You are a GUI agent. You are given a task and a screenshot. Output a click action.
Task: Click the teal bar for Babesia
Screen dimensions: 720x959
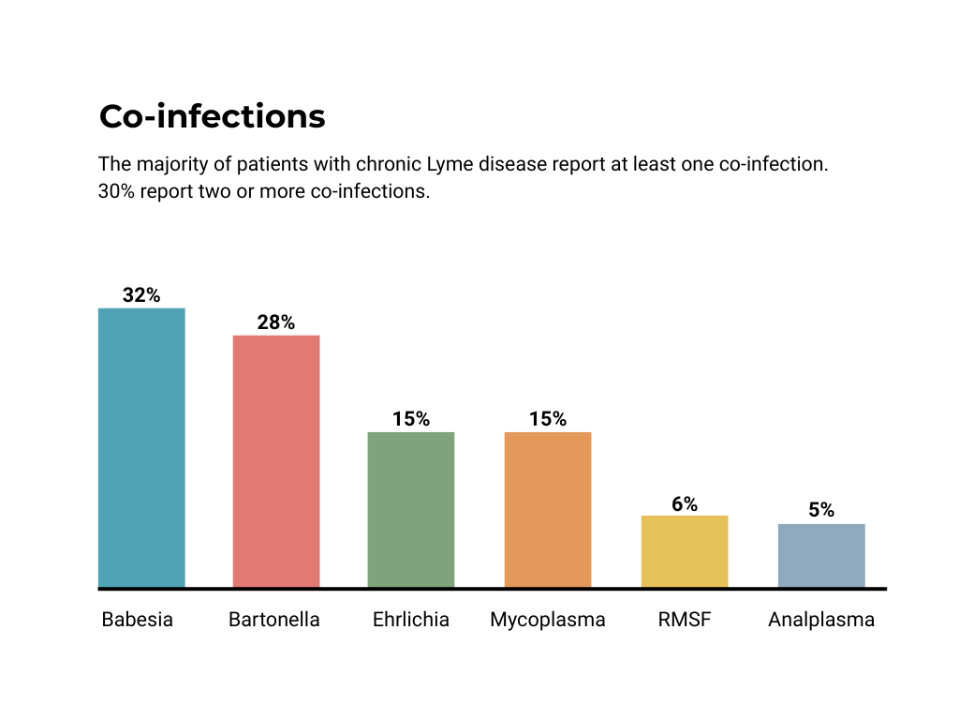[x=141, y=448]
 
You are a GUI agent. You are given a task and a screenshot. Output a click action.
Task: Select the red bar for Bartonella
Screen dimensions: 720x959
[x=276, y=461]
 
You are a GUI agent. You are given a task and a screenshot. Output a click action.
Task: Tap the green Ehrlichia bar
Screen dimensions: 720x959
[x=411, y=510]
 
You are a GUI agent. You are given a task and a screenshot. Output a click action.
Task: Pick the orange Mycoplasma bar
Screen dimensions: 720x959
[x=548, y=510]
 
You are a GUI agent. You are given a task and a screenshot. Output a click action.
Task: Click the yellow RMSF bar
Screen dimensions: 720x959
[x=685, y=551]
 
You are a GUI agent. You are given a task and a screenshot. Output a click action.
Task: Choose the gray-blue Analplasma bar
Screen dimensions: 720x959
[x=821, y=556]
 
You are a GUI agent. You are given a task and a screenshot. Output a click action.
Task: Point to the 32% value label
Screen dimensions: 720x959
[x=141, y=295]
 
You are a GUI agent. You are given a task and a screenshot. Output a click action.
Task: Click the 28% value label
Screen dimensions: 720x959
[x=276, y=322]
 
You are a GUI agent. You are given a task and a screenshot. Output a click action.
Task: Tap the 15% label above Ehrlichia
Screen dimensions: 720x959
[x=411, y=419]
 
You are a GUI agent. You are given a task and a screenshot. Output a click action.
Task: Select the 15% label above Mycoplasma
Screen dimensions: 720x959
[x=548, y=419]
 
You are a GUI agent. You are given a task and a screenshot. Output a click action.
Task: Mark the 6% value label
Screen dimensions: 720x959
[x=685, y=503]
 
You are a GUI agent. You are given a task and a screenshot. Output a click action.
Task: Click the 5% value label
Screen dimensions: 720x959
[x=821, y=511]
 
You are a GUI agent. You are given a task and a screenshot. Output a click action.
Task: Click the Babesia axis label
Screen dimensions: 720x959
[x=138, y=620]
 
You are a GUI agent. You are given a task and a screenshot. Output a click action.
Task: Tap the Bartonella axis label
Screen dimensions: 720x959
[x=274, y=620]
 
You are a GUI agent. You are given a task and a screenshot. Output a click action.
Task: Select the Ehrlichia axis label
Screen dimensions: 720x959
[x=411, y=620]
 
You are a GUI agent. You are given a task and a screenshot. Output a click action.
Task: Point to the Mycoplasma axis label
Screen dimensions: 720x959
[x=548, y=621]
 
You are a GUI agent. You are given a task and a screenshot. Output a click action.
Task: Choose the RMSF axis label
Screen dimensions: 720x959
[x=685, y=620]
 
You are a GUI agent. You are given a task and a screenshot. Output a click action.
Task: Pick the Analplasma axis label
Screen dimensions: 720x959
[x=821, y=621]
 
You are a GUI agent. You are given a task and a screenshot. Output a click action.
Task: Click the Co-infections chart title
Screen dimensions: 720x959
[x=213, y=116]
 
